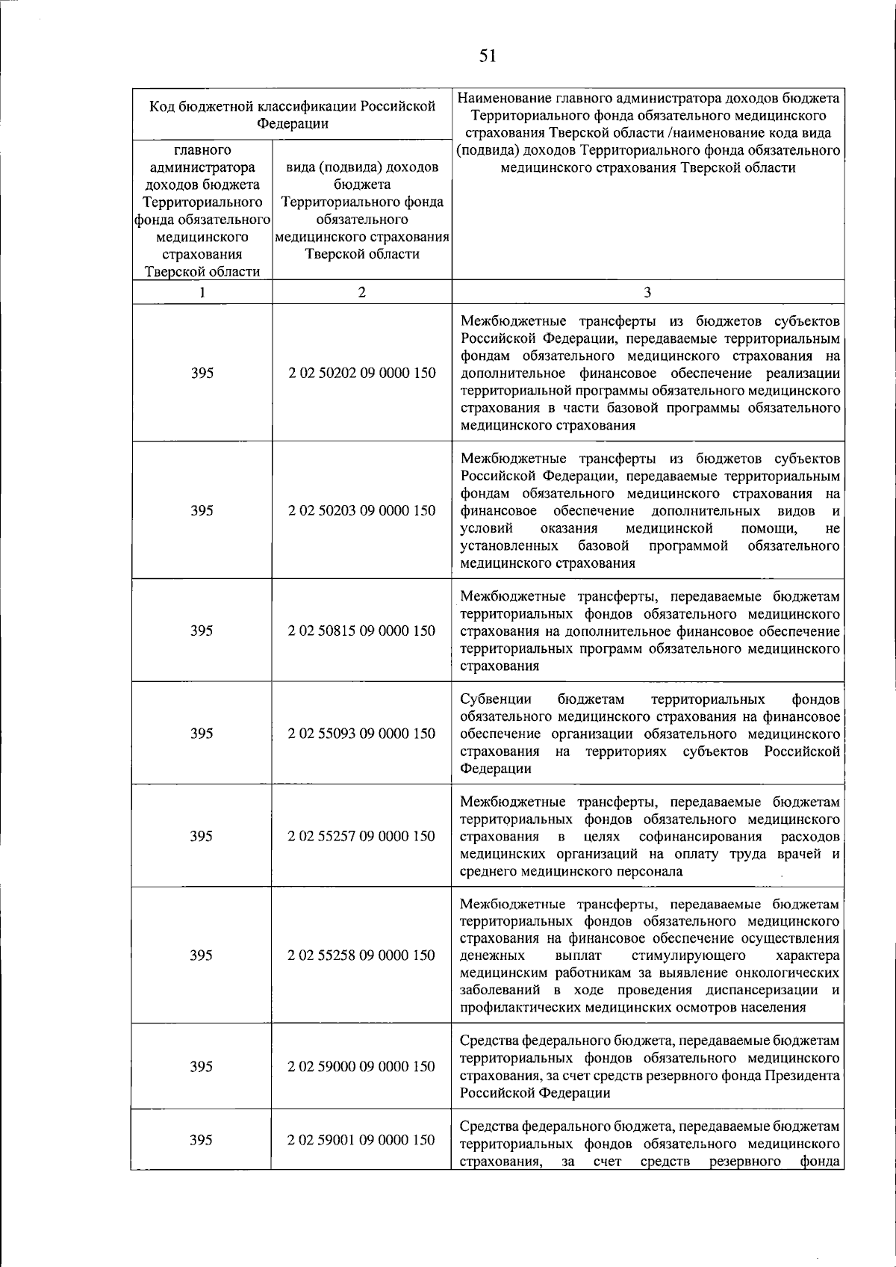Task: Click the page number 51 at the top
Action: [x=488, y=55]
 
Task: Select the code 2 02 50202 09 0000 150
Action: [x=362, y=373]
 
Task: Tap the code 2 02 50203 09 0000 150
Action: [x=362, y=510]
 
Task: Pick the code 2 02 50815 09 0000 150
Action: [x=362, y=631]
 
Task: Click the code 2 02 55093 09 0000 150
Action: [x=362, y=734]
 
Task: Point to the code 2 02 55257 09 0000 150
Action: [x=362, y=836]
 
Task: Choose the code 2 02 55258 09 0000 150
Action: [x=362, y=955]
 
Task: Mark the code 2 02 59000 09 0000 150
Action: [x=362, y=1067]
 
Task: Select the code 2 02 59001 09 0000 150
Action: [x=362, y=1140]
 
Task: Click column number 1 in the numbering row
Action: [x=202, y=293]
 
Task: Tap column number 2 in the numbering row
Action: [x=362, y=293]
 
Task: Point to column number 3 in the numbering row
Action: [x=647, y=293]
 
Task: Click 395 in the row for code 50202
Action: [x=202, y=373]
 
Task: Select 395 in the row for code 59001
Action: [x=202, y=1140]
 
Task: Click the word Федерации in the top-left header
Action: [x=293, y=124]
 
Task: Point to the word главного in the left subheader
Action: [x=202, y=150]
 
